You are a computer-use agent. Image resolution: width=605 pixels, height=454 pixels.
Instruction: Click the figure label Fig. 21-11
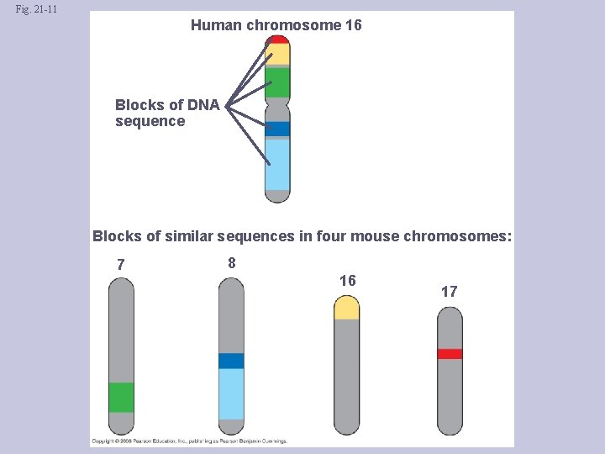[36, 10]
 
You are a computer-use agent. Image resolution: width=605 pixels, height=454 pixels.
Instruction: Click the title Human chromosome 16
[276, 25]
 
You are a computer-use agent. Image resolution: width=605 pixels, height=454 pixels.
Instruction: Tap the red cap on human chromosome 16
[277, 39]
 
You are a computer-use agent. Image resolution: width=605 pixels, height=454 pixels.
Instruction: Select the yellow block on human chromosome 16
[277, 55]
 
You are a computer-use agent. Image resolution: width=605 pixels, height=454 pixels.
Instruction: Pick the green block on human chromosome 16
[277, 82]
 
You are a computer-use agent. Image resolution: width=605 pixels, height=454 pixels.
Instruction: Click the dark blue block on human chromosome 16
[277, 129]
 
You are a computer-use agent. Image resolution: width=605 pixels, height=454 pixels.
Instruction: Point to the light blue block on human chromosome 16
[277, 164]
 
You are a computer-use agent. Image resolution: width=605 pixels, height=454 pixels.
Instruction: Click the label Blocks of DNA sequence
[166, 113]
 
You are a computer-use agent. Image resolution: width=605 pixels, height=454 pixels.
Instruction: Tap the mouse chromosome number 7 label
[121, 265]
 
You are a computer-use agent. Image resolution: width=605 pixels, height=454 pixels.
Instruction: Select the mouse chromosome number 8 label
[232, 263]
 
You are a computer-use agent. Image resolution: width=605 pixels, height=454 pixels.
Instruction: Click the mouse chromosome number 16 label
[347, 281]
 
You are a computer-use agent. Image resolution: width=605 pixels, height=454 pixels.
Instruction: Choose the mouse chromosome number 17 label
[450, 292]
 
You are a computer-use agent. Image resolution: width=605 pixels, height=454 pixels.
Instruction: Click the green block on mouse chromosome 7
[121, 397]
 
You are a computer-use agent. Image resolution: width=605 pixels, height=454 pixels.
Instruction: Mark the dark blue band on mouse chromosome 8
[231, 361]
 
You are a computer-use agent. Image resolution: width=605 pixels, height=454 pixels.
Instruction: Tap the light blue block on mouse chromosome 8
[231, 393]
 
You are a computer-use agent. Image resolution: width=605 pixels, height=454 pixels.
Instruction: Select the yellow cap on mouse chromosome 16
[346, 309]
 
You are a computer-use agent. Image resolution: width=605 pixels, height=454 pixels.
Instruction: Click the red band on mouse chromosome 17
[450, 354]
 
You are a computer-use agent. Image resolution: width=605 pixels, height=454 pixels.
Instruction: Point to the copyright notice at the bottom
[189, 441]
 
